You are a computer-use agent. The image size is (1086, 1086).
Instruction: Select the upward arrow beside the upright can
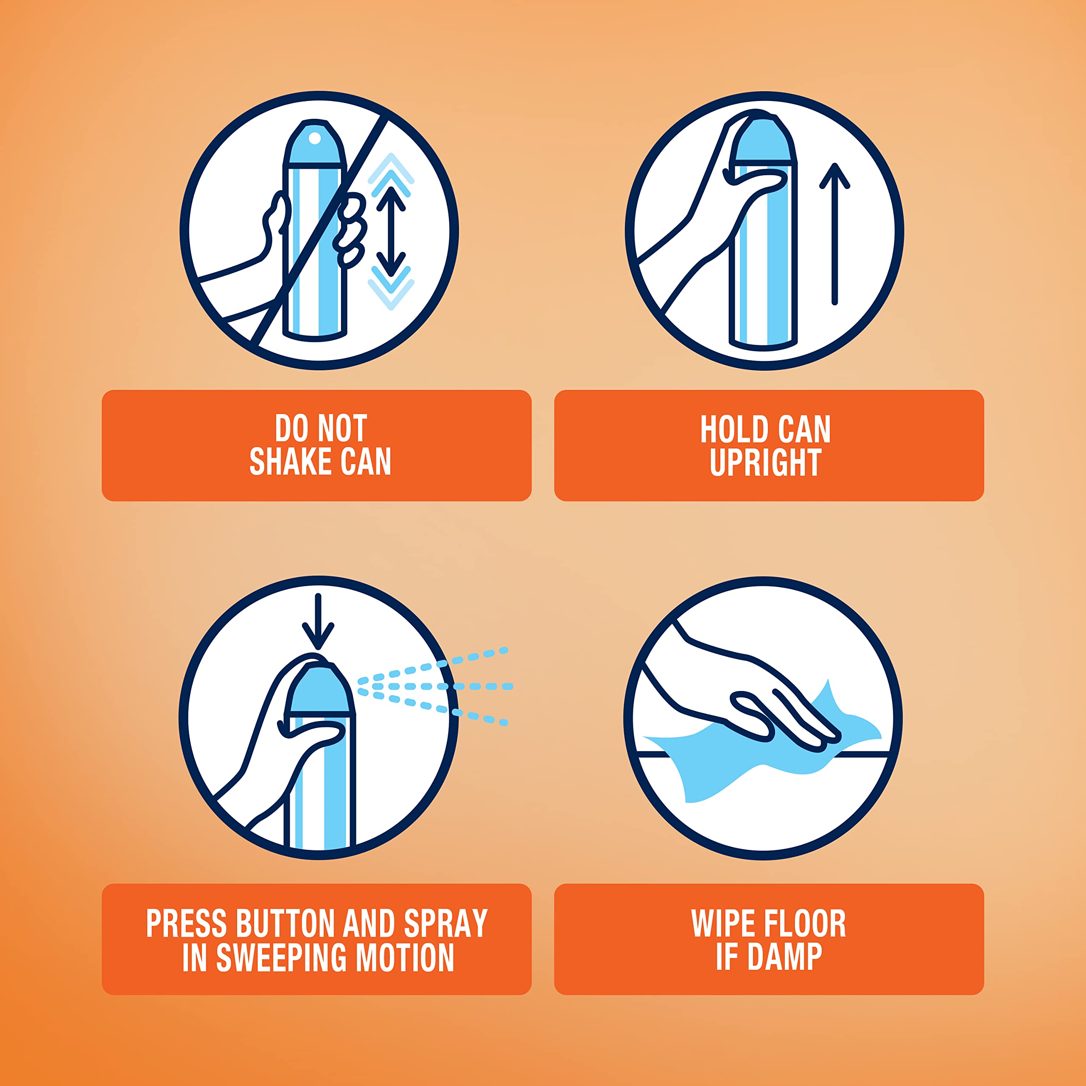pyautogui.click(x=835, y=234)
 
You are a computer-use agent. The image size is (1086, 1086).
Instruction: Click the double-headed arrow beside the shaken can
pyautogui.click(x=391, y=232)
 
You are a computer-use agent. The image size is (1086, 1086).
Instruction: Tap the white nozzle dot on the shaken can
pyautogui.click(x=315, y=138)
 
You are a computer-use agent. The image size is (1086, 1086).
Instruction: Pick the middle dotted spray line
pyautogui.click(x=436, y=686)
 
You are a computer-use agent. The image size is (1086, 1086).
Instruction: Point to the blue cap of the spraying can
pyautogui.click(x=320, y=690)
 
